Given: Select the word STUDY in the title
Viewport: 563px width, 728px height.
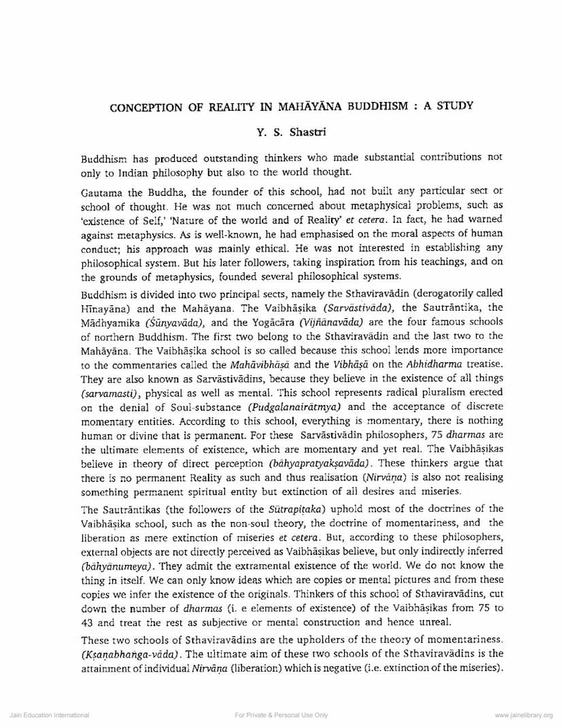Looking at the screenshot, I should [454, 106].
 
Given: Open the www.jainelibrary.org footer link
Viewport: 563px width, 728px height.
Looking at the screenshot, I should [524, 715].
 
